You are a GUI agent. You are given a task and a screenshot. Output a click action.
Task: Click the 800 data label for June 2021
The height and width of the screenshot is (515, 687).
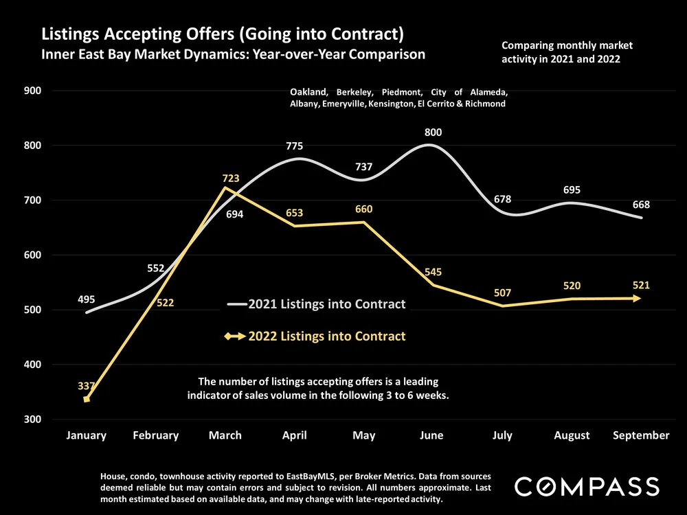pos(433,133)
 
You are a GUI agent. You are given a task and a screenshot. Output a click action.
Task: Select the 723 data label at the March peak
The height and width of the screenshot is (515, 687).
pos(231,179)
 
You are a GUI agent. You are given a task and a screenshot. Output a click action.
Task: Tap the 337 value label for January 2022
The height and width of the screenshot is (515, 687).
pos(87,387)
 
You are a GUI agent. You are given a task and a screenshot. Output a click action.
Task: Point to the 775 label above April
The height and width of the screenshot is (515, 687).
pos(295,146)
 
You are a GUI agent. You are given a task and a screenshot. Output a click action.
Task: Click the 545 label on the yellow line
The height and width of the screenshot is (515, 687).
pos(433,272)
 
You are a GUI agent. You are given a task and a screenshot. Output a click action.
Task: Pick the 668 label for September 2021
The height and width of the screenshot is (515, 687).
pos(642,205)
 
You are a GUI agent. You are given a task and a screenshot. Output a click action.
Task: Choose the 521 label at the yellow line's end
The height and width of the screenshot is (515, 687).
pos(642,285)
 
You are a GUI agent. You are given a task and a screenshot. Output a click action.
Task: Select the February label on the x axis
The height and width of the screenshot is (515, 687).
pos(155,435)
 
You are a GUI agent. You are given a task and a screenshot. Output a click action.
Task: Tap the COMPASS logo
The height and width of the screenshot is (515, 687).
pos(587,487)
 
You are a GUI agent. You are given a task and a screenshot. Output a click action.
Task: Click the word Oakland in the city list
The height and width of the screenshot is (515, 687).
pos(308,92)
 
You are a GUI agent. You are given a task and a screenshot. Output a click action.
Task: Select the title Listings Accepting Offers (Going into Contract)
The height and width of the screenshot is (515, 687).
pos(222,34)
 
